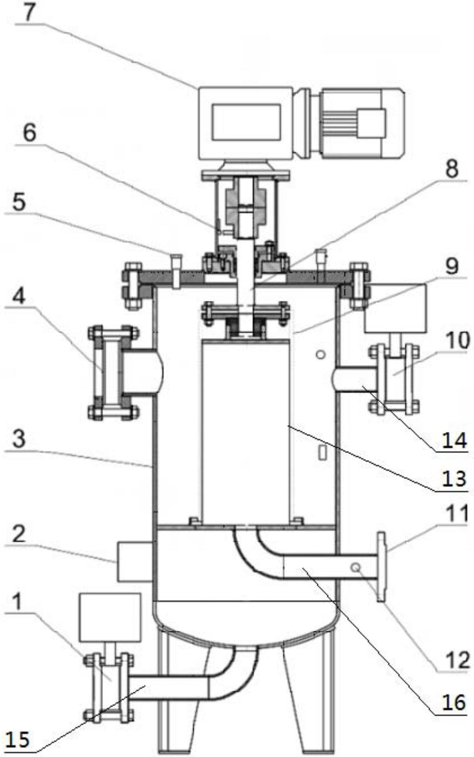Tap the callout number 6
tap(29, 133)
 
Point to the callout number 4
tap(19, 296)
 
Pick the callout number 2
tap(19, 533)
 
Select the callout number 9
tap(452, 266)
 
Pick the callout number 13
tap(454, 479)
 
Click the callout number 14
tap(454, 440)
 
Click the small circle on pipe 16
tap(356, 567)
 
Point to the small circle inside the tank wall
tap(320, 354)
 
